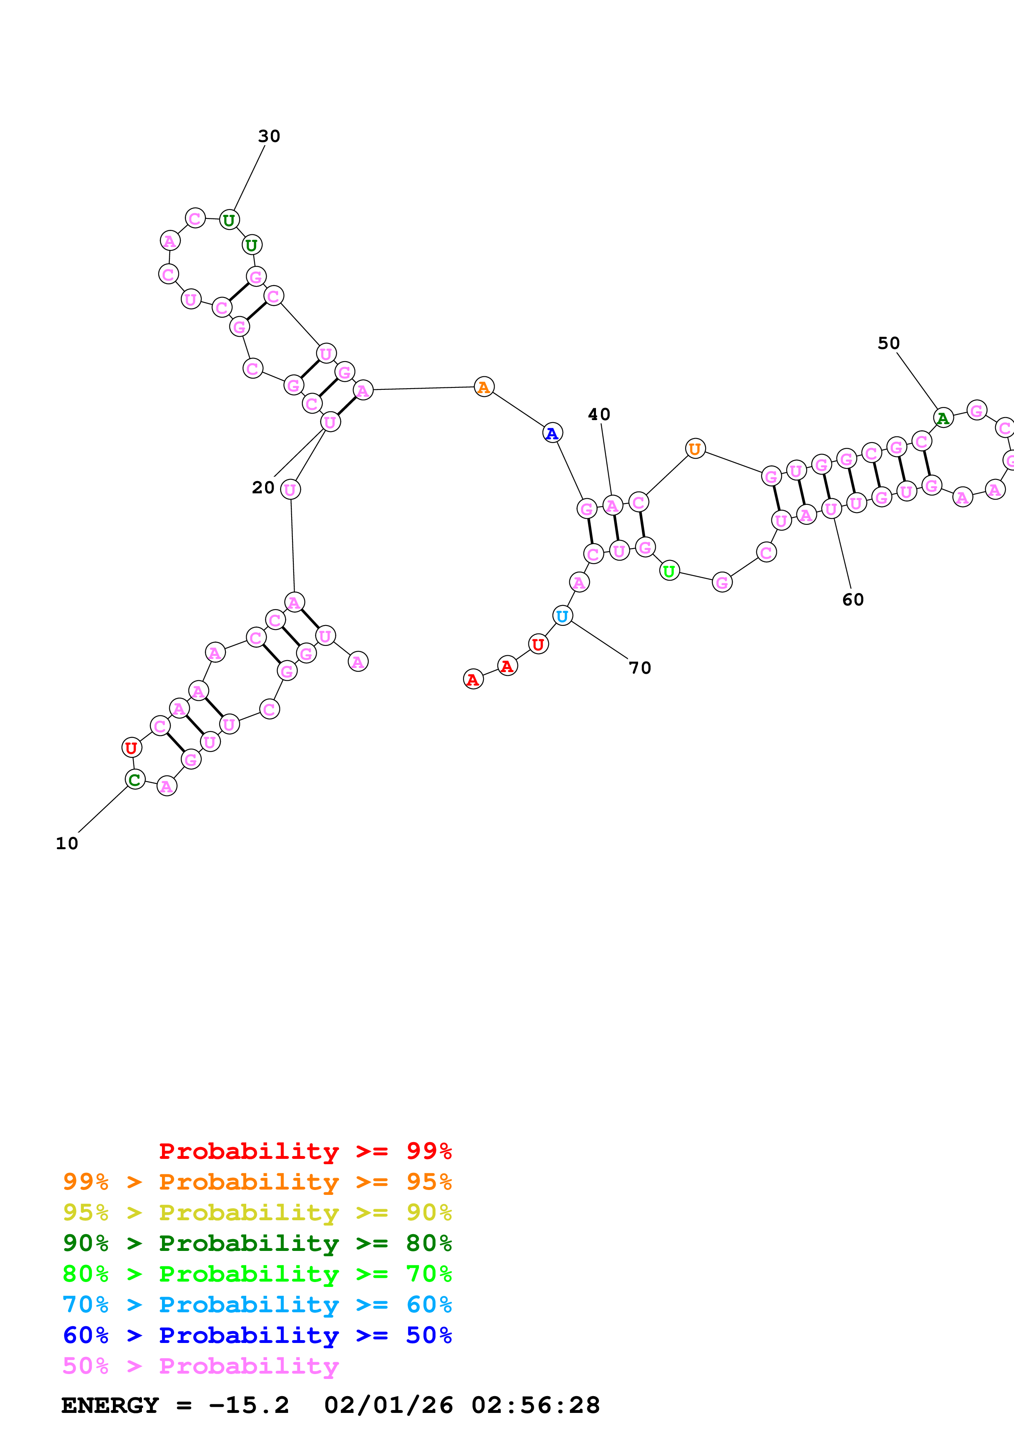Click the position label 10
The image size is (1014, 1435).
(x=67, y=844)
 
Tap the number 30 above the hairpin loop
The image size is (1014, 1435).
(x=269, y=136)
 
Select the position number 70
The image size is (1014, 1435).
(x=640, y=668)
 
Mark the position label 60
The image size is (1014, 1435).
(x=853, y=600)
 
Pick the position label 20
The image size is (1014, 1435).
(x=263, y=488)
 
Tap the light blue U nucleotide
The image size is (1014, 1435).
(x=563, y=616)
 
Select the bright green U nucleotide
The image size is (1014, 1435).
(x=669, y=571)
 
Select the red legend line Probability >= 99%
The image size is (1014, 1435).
(x=305, y=1151)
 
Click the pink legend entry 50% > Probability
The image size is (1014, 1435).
(x=200, y=1366)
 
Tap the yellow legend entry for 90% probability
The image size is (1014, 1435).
(x=257, y=1212)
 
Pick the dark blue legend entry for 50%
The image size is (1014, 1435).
(x=257, y=1336)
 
